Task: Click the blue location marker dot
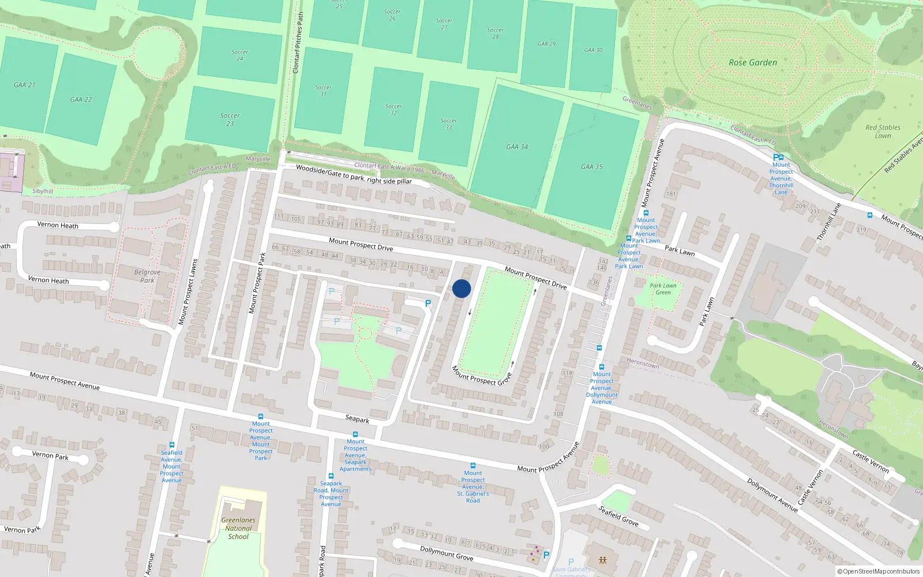461,288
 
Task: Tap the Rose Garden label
753,62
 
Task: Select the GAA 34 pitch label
517,147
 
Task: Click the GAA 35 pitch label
591,167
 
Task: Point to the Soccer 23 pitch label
230,119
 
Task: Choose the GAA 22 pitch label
81,99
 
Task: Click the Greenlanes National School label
238,528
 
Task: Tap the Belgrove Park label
147,276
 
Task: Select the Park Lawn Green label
663,288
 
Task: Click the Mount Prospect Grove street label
481,376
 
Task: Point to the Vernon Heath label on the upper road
58,225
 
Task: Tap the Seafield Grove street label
618,515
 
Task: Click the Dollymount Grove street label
447,553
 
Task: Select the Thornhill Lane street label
829,222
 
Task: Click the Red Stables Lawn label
883,132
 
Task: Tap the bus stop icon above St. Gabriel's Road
472,466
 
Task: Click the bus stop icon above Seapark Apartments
355,434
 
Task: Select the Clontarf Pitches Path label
298,43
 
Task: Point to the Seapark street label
357,419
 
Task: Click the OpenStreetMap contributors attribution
878,571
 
